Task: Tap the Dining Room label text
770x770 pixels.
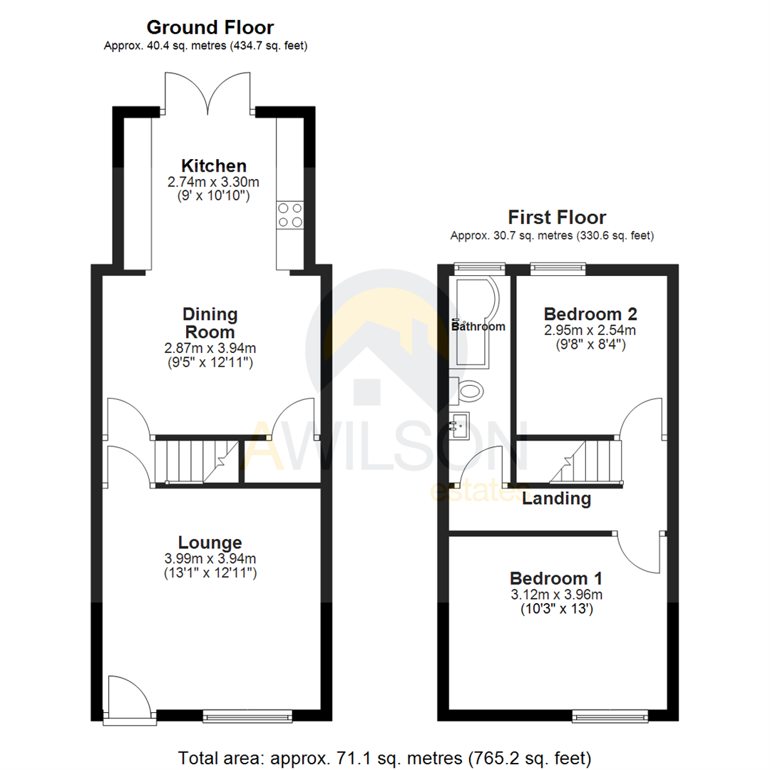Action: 210,323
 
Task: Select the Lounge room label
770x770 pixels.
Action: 210,543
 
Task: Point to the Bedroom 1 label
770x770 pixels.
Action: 555,577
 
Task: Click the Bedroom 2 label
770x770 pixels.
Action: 590,314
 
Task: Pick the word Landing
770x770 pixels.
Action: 556,498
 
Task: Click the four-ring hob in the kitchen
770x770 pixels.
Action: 289,215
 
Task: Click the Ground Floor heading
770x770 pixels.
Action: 210,28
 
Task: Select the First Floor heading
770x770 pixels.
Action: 556,217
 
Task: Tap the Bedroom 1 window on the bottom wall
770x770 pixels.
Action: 610,714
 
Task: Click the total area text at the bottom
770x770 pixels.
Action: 384,756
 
